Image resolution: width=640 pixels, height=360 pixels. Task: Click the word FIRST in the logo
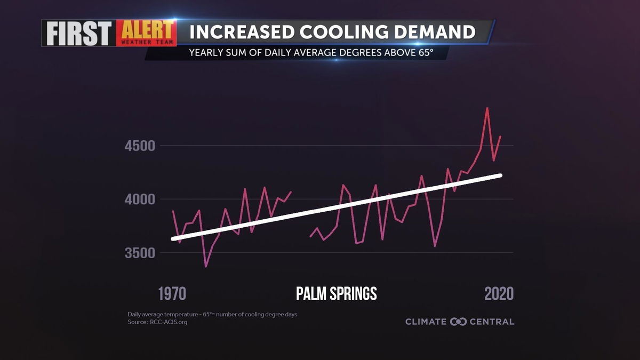[77, 33]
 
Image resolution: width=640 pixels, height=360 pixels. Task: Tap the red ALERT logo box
[145, 33]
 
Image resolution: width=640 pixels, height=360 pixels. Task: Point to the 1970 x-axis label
[172, 293]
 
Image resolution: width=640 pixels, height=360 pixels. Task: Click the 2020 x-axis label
[499, 293]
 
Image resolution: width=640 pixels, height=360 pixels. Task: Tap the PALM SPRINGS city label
[336, 293]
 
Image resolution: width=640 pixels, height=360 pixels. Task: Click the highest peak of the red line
[487, 108]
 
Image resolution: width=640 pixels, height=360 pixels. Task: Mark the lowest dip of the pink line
[206, 266]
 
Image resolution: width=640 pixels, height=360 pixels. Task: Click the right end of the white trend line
[500, 175]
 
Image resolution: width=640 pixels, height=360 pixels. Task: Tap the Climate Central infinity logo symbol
[458, 322]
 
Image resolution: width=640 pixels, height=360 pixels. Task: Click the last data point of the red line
[500, 137]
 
